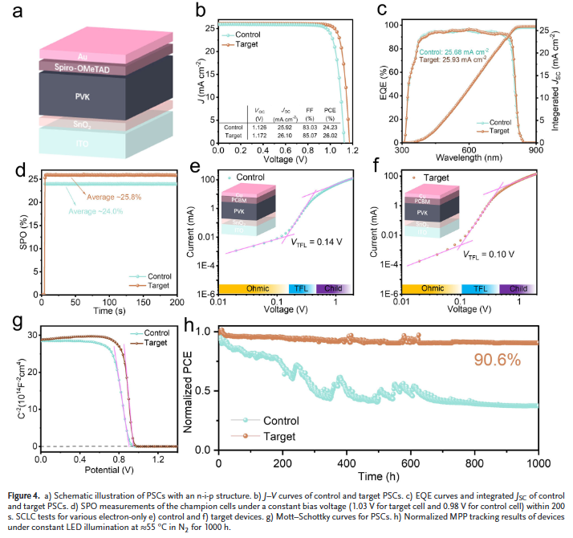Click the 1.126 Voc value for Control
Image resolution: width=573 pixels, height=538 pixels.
coord(259,126)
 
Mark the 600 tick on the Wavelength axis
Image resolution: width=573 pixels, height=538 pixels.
coord(469,150)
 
